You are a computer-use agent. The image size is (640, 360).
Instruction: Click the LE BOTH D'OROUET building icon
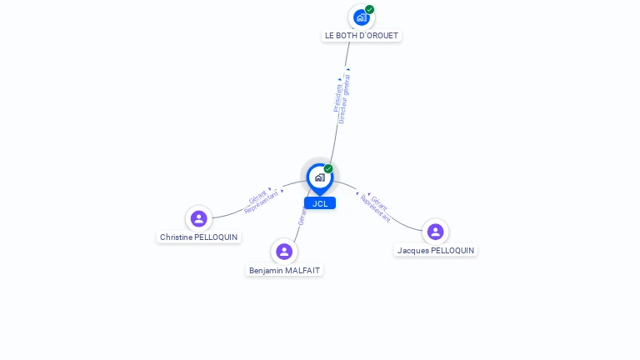point(360,17)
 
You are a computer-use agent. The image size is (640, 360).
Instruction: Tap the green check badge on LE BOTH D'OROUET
point(369,10)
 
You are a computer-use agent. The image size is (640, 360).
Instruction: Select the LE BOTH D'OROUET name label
point(362,36)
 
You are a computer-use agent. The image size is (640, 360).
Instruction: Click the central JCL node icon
point(319,177)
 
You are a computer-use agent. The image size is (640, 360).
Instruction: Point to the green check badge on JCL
point(328,169)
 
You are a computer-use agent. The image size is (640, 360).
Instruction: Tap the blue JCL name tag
point(320,203)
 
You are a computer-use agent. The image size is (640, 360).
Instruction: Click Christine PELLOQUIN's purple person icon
point(198,219)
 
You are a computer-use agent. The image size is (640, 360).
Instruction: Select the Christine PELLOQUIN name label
point(198,237)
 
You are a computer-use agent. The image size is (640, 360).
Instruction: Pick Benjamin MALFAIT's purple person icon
point(284,252)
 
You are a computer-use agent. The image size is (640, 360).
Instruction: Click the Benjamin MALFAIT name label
point(285,271)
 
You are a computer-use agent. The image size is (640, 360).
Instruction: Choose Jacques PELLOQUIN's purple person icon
point(435,232)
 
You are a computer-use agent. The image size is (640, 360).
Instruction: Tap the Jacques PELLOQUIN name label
point(436,251)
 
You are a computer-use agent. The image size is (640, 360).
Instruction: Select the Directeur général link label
point(344,99)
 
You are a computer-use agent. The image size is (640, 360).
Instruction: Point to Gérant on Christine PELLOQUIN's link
point(257,197)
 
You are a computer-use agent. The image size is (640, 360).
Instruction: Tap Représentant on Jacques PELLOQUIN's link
point(376,208)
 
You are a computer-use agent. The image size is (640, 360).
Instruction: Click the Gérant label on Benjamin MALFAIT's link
point(302,217)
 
